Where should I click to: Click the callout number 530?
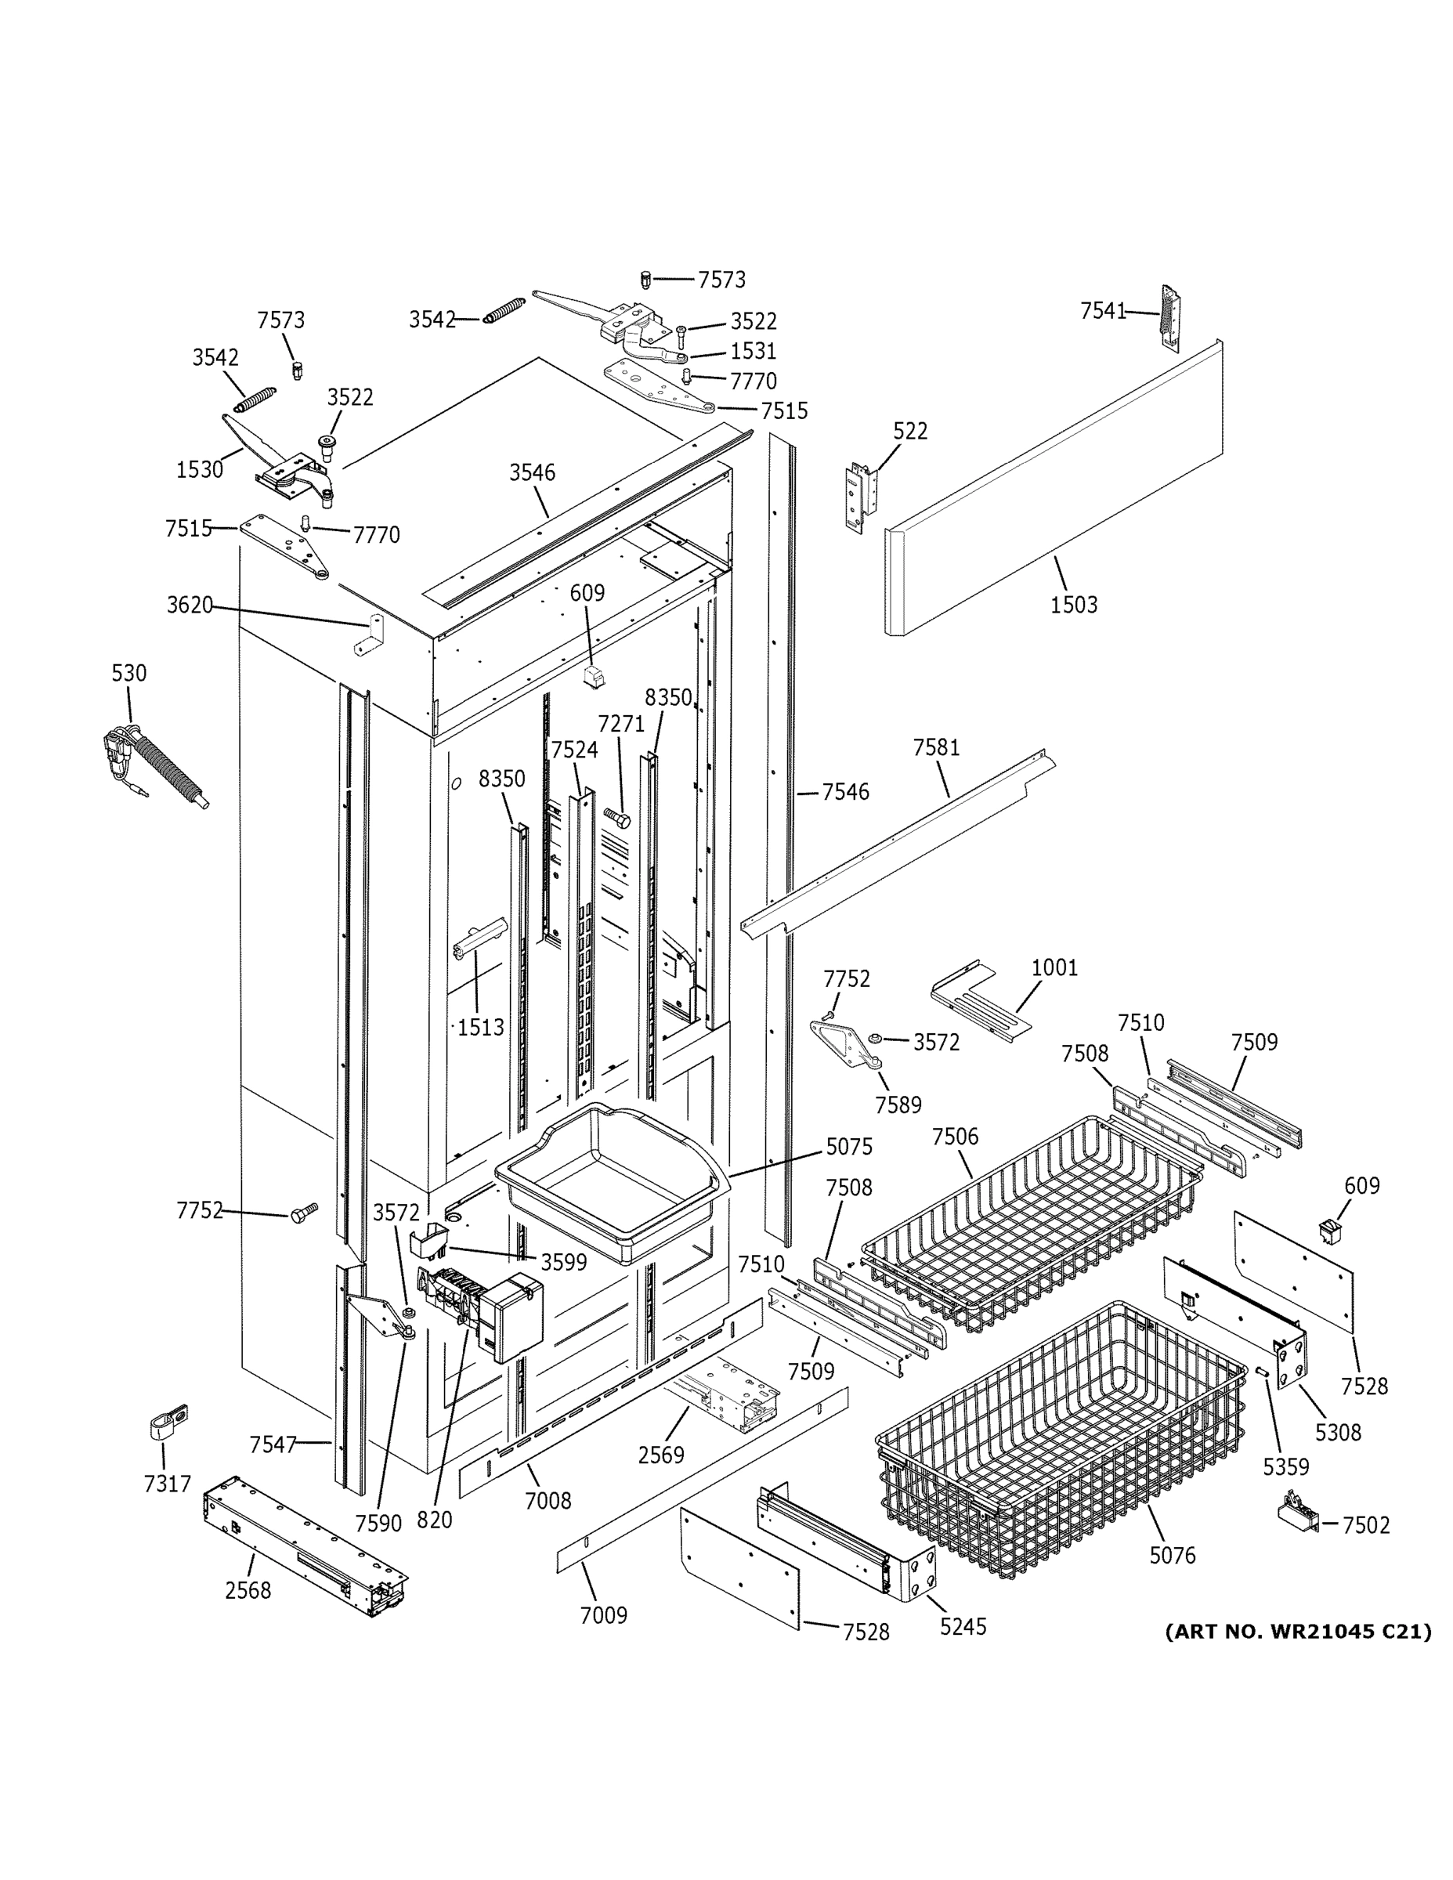pyautogui.click(x=129, y=672)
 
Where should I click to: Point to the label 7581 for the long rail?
pyautogui.click(x=936, y=747)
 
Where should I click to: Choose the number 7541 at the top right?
pyautogui.click(x=1103, y=311)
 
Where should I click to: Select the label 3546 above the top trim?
pyautogui.click(x=532, y=472)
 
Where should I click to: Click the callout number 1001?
pyautogui.click(x=1054, y=967)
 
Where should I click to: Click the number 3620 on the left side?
pyautogui.click(x=190, y=606)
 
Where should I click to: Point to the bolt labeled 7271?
pyautogui.click(x=617, y=817)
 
